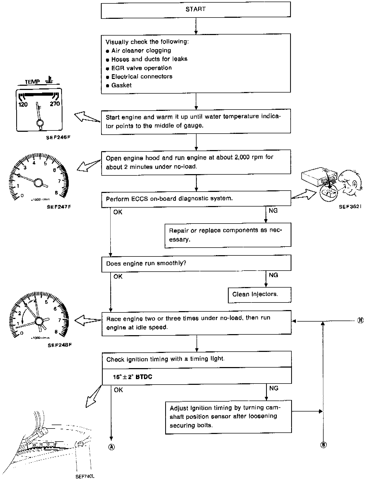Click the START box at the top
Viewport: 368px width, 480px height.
(195, 9)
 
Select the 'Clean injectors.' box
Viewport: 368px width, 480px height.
(255, 295)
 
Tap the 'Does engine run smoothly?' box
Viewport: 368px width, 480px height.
(196, 263)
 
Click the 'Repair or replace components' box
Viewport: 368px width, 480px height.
(228, 235)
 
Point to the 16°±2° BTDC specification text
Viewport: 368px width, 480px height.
(133, 377)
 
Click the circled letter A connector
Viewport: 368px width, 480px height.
(111, 447)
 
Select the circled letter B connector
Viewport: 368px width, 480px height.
(323, 445)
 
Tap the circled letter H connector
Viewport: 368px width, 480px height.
(360, 321)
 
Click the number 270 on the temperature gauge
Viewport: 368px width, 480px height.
(55, 104)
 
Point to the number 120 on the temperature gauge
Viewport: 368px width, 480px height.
(23, 105)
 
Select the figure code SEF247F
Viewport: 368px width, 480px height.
(59, 207)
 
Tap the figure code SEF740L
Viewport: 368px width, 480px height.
(85, 476)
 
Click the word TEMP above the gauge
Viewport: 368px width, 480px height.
(32, 82)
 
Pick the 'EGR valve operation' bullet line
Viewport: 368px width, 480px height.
(141, 68)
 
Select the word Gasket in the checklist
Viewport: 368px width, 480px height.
(121, 85)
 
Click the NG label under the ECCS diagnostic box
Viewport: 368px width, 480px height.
(273, 210)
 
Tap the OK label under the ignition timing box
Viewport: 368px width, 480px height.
(118, 390)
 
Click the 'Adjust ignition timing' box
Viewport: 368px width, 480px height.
(228, 416)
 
